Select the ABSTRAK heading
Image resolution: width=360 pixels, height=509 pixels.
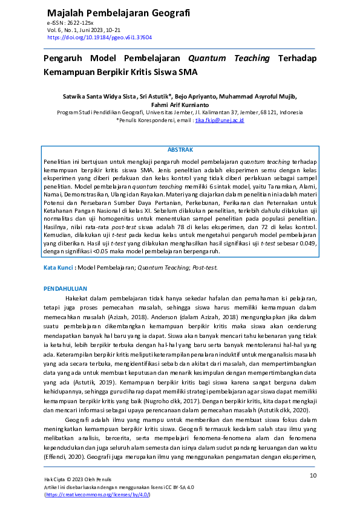[x=180, y=149]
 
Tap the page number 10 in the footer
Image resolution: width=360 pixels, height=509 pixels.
[x=313, y=476]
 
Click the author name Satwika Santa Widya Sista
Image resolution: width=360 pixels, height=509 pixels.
[x=99, y=96]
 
